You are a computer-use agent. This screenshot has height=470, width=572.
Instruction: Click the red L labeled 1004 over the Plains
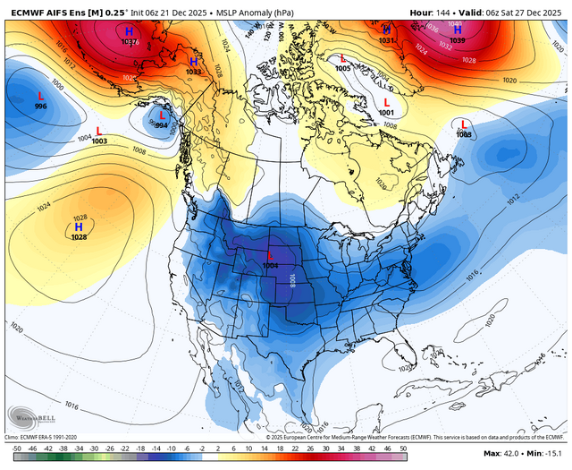(x=271, y=256)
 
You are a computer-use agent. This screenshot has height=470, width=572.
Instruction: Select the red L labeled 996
(x=40, y=95)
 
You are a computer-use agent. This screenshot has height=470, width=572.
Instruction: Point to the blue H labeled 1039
(x=457, y=30)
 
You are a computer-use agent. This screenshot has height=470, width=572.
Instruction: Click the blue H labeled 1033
(x=193, y=60)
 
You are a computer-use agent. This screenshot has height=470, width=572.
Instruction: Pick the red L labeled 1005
(x=344, y=58)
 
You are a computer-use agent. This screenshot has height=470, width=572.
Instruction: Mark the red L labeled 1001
(x=387, y=102)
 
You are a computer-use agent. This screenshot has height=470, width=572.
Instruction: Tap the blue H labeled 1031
(x=387, y=30)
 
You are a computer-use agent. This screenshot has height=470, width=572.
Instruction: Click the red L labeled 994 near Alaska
(x=162, y=115)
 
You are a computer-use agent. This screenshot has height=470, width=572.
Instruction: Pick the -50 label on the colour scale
(x=16, y=447)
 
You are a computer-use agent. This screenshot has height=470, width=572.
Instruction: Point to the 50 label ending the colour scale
(x=403, y=447)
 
